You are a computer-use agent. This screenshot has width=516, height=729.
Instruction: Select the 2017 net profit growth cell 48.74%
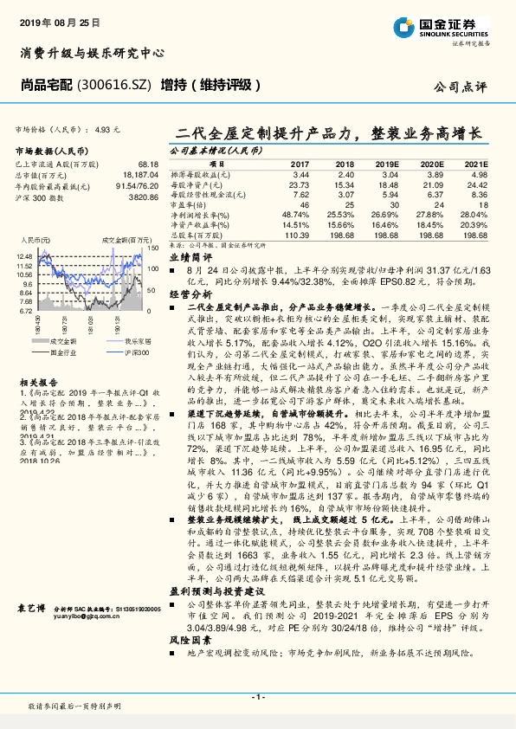295,213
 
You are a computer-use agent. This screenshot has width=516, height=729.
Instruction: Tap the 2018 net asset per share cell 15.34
345,184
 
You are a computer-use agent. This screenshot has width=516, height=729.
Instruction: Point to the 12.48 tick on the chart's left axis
24,257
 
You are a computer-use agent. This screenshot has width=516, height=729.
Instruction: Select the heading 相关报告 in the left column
35,381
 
